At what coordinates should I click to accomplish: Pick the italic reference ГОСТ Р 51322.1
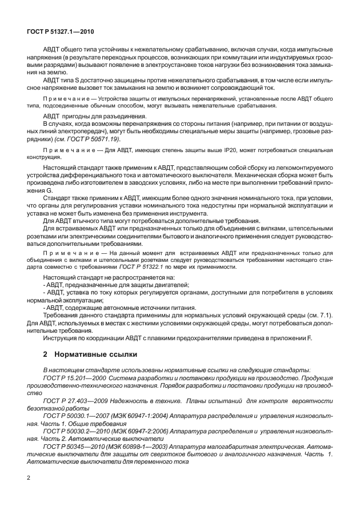coord(139,267)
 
